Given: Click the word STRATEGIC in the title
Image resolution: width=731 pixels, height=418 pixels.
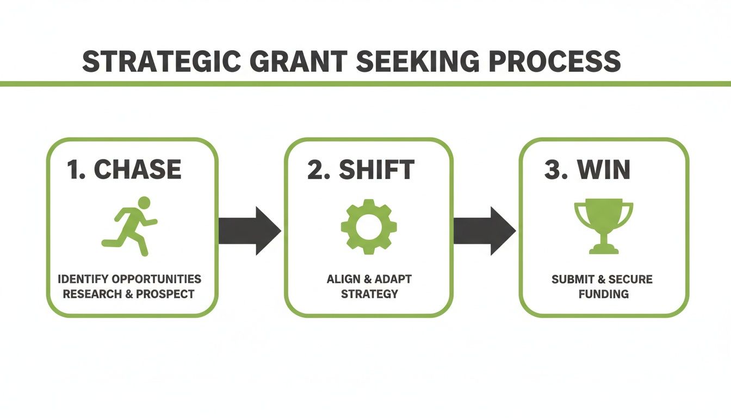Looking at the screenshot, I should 160,62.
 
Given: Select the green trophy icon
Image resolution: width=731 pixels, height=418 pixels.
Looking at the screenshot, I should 604,226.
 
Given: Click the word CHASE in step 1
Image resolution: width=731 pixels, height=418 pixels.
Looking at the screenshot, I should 138,170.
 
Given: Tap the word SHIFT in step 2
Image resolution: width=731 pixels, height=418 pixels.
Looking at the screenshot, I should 376,170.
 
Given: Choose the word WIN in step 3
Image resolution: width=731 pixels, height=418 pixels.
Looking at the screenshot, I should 604,170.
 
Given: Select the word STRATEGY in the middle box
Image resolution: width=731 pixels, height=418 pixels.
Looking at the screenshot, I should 369,294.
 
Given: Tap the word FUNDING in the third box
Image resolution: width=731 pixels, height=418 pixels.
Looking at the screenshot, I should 603,294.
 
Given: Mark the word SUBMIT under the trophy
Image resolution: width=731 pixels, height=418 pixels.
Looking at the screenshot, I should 571,279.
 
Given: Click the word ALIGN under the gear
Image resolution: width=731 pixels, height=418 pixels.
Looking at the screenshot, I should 344,279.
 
